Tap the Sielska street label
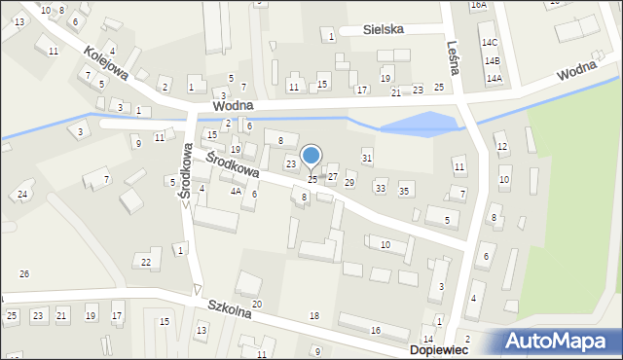383,30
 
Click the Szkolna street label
230,308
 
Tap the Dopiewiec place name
440,348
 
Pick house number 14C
490,43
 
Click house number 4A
236,192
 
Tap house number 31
367,158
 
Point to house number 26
24,274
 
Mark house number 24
21,195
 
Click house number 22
145,263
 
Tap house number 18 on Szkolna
313,316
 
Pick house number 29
349,183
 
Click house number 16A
478,5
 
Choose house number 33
381,187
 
